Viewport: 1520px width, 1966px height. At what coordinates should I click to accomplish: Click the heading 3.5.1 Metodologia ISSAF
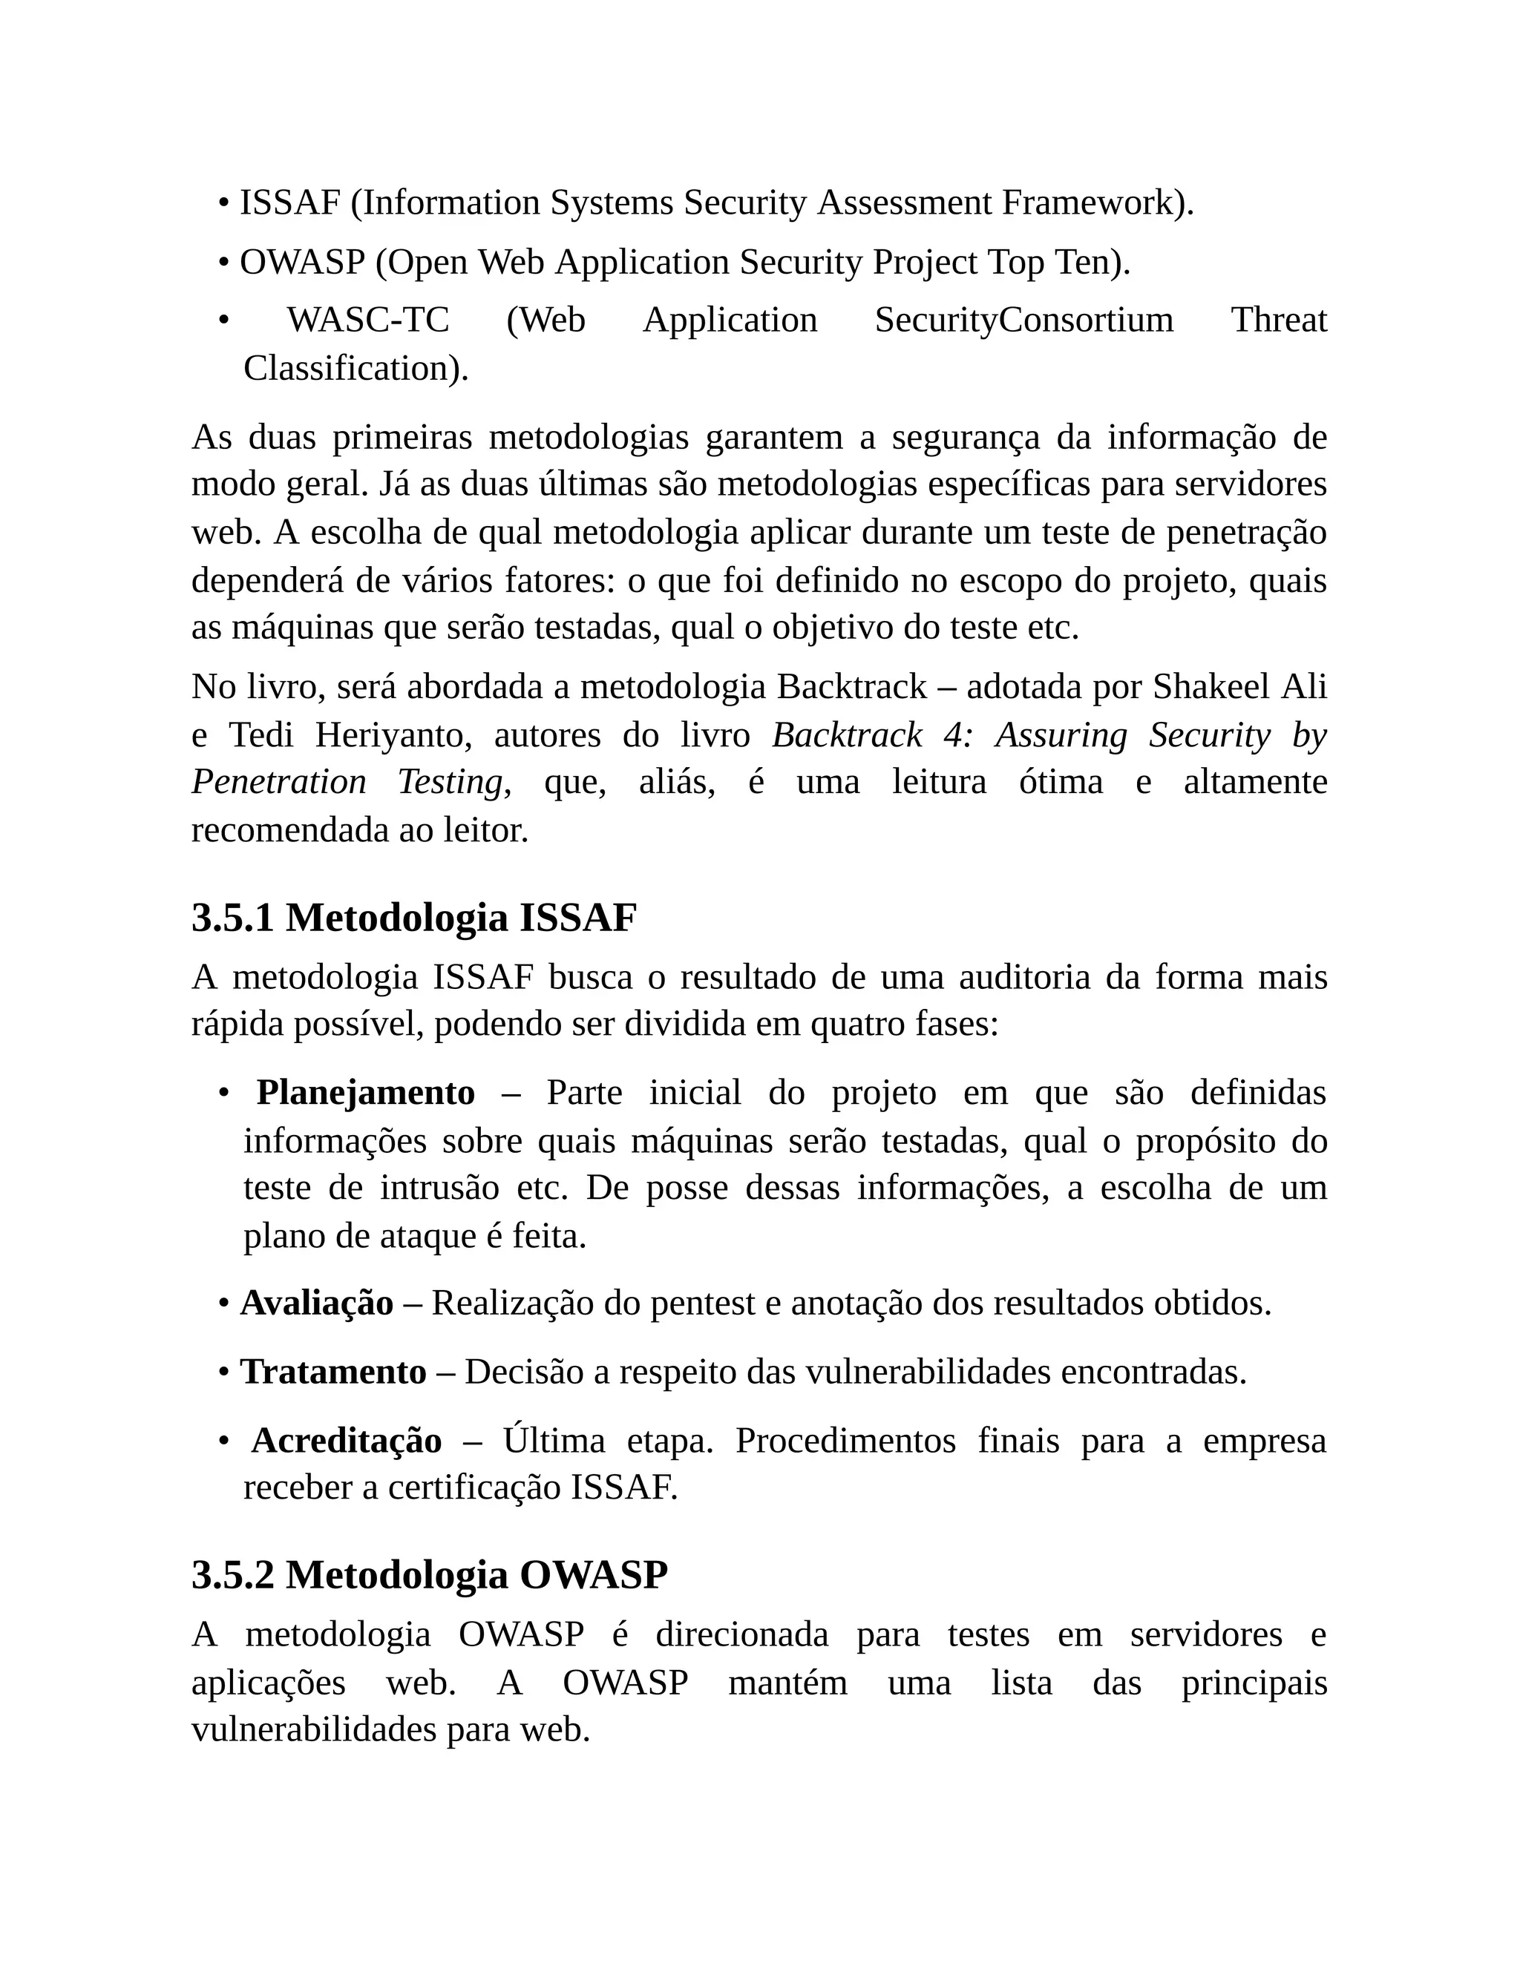click(x=413, y=919)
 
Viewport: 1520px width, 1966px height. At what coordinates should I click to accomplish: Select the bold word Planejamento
click(x=366, y=1093)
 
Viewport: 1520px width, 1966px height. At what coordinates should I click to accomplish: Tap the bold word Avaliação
click(x=316, y=1303)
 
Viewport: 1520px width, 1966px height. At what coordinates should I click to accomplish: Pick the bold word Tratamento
click(x=332, y=1372)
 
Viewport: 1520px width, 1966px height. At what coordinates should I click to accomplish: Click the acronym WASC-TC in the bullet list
click(x=367, y=320)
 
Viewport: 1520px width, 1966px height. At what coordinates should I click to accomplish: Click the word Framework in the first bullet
click(x=1089, y=203)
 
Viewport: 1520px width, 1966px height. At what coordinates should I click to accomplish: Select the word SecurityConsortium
click(x=1023, y=320)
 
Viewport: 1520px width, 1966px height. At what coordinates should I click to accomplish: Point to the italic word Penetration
click(x=279, y=782)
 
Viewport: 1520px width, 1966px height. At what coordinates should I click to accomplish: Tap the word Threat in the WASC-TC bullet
click(x=1279, y=320)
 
